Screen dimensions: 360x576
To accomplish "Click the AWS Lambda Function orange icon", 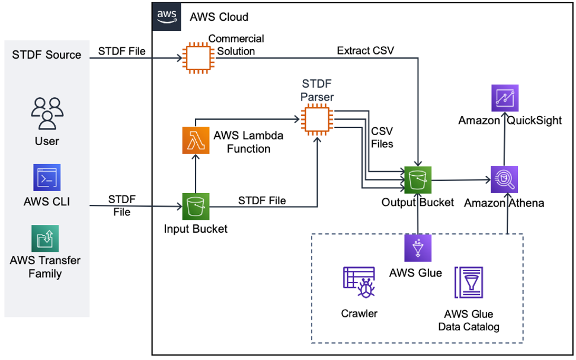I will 196,142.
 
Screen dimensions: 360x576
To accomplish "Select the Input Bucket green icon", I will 196,207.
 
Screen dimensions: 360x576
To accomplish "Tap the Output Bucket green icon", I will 418,178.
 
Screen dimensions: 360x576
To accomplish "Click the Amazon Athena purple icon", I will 504,178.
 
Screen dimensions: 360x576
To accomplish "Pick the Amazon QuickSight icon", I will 504,98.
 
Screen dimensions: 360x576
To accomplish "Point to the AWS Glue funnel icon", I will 418,248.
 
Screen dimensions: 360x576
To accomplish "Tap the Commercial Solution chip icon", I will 196,57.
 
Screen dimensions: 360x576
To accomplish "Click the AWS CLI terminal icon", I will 47,178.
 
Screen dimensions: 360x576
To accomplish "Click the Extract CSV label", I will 365,51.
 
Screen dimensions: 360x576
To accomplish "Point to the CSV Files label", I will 382,137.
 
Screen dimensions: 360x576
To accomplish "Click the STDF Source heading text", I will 46,55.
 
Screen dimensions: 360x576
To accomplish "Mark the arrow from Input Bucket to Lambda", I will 196,175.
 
